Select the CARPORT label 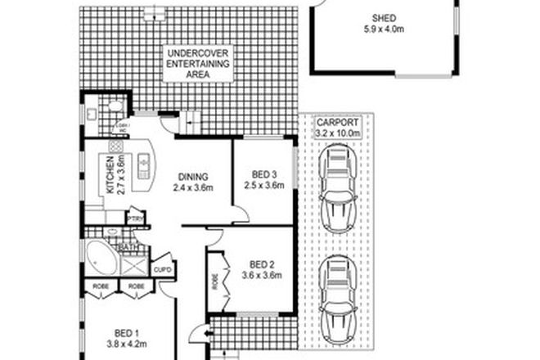click(x=337, y=120)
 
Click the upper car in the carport click(x=336, y=187)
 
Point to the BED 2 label click(x=261, y=263)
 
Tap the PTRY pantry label click(x=136, y=218)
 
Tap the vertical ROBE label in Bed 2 click(x=215, y=283)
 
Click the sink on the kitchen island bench click(x=144, y=165)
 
